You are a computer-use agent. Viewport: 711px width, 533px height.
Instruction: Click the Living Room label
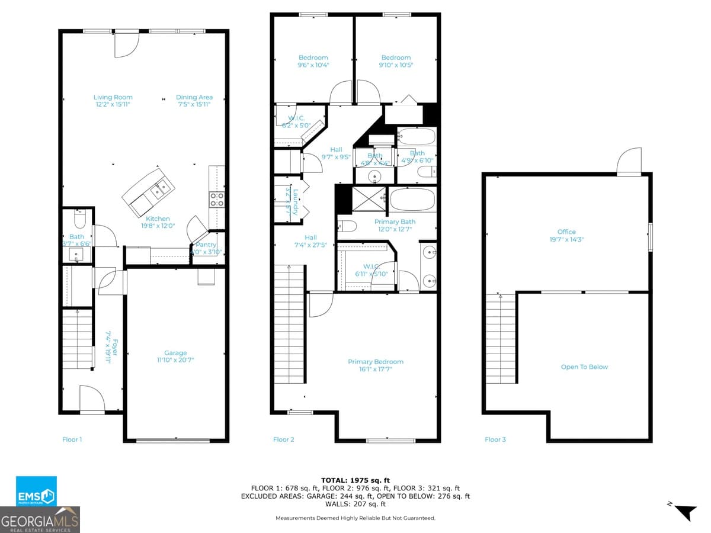click(x=113, y=101)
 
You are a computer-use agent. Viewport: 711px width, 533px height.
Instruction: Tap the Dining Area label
click(x=194, y=101)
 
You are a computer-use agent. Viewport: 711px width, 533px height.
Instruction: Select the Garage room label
click(x=175, y=356)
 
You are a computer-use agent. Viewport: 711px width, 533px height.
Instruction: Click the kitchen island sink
click(x=161, y=189)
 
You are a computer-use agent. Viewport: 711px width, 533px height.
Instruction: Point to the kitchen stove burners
click(x=217, y=199)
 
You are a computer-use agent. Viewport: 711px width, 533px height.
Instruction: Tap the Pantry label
click(x=206, y=248)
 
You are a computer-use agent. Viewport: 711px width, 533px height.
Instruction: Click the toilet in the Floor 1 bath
click(x=80, y=220)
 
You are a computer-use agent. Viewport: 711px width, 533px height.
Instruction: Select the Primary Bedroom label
click(x=375, y=365)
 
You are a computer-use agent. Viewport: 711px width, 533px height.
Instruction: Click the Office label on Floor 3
click(x=566, y=235)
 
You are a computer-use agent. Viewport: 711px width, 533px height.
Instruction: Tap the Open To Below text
click(x=584, y=367)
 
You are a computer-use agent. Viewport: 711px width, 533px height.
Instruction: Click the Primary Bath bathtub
click(x=412, y=200)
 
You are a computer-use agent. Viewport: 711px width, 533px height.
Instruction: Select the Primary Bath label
click(x=395, y=225)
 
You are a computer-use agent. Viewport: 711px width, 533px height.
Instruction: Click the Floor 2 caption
click(x=283, y=439)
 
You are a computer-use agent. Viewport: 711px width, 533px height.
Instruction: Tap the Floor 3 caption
click(x=495, y=439)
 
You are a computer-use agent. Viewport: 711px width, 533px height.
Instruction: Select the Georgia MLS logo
click(x=40, y=520)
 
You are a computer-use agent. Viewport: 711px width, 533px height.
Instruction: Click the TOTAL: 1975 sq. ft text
click(x=355, y=480)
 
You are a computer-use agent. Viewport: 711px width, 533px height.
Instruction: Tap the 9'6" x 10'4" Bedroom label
click(x=313, y=61)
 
